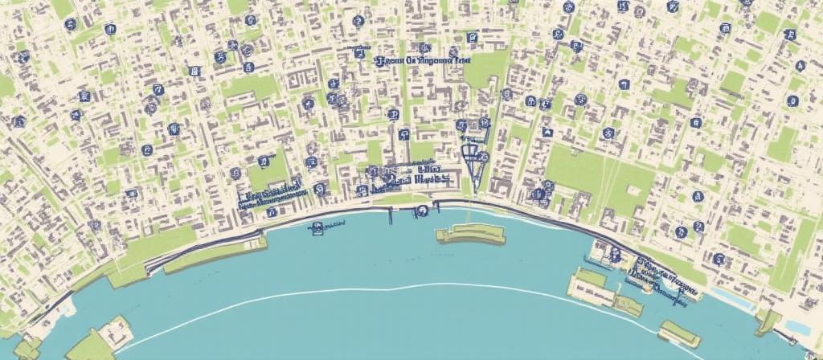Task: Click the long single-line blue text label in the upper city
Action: [x=423, y=59]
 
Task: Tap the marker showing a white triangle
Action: [x=547, y=131]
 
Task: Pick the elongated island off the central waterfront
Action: [x=470, y=234]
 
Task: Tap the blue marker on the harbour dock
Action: [x=615, y=256]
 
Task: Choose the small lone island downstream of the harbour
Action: [x=679, y=332]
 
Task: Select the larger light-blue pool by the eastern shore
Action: [x=796, y=326]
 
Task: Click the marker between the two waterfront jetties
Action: [x=420, y=211]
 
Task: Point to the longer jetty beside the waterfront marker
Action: [x=391, y=214]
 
